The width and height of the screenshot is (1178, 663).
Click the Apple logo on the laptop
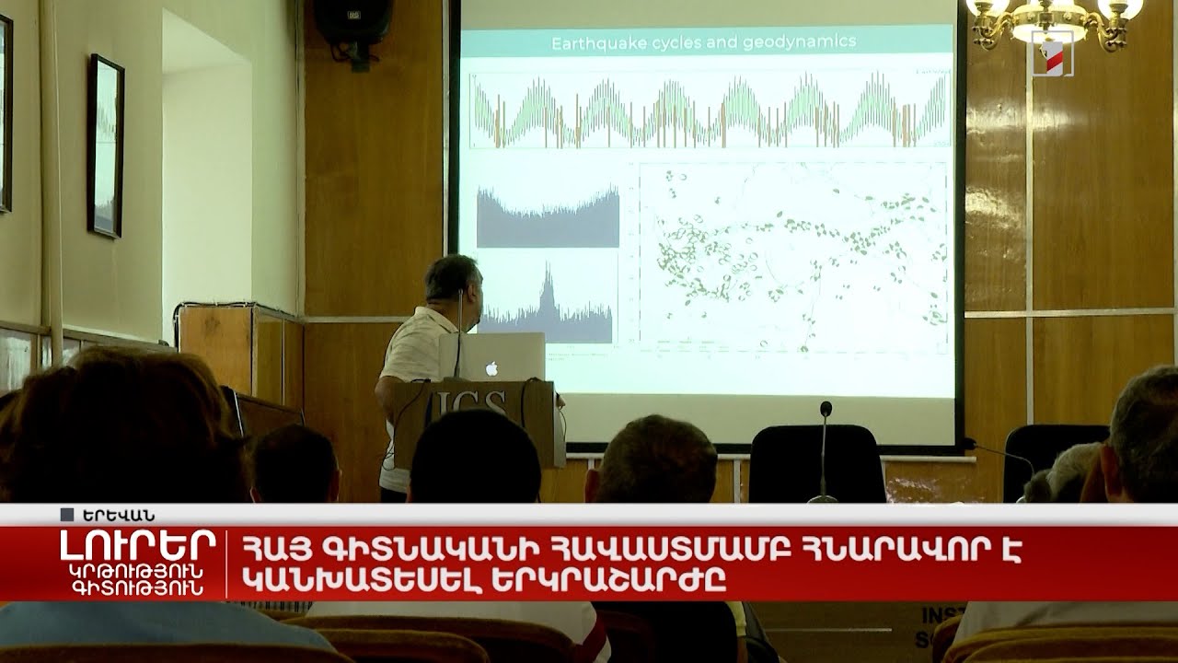pyautogui.click(x=491, y=367)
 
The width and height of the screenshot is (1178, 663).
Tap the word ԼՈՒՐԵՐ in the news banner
pyautogui.click(x=138, y=545)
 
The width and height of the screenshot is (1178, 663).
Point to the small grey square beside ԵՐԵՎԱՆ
pyautogui.click(x=66, y=515)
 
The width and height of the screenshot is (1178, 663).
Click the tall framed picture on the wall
pyautogui.click(x=106, y=145)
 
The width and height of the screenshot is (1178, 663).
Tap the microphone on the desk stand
pyautogui.click(x=826, y=409)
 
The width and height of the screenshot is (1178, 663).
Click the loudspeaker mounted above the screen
pyautogui.click(x=354, y=20)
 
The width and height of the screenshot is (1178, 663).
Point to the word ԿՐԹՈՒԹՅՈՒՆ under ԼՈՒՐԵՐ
pyautogui.click(x=138, y=572)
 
